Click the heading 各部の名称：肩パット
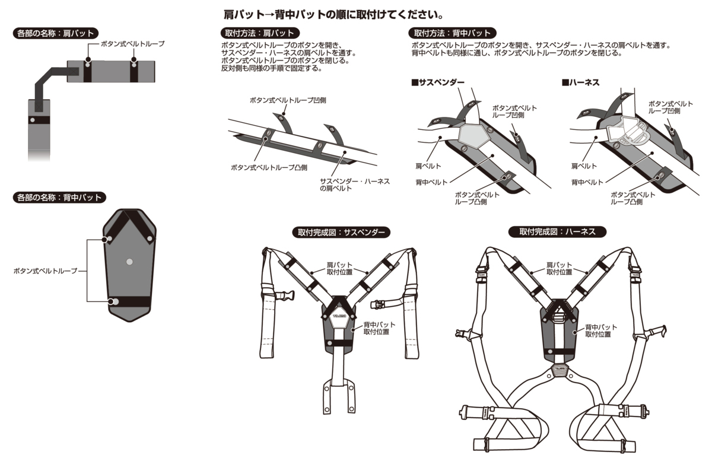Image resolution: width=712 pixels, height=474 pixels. [55, 33]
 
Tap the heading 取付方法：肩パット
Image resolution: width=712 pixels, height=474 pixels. [259, 33]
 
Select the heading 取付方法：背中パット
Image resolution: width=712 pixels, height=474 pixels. [453, 33]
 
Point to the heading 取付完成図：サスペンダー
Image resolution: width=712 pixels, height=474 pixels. [341, 232]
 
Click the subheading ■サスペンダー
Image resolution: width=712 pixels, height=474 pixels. [438, 82]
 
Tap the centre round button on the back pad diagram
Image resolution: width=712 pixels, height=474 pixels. [129, 261]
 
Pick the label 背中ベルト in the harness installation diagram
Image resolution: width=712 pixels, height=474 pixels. [587, 182]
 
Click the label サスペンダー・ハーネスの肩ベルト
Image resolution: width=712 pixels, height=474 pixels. [354, 184]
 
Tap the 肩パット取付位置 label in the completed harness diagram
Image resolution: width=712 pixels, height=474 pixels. [559, 268]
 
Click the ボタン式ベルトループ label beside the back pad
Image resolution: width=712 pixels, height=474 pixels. [46, 271]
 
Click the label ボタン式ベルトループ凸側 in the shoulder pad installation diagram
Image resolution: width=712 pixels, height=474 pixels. [269, 167]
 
